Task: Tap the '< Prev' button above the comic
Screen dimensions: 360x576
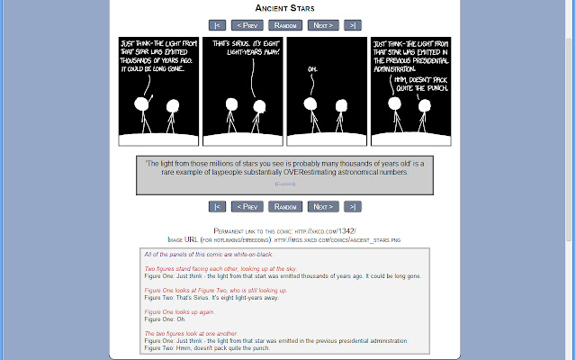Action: click(x=247, y=25)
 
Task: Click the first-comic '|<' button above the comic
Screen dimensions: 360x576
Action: click(x=216, y=25)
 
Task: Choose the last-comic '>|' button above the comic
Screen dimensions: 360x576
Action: click(x=353, y=25)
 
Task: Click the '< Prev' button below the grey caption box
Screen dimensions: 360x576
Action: click(x=247, y=206)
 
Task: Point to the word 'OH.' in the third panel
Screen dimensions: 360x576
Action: click(x=312, y=69)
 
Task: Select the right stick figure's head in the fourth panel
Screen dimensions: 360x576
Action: click(x=423, y=105)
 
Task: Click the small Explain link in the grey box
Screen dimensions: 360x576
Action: click(x=284, y=184)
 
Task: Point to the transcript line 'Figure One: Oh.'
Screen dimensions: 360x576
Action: click(x=167, y=319)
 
